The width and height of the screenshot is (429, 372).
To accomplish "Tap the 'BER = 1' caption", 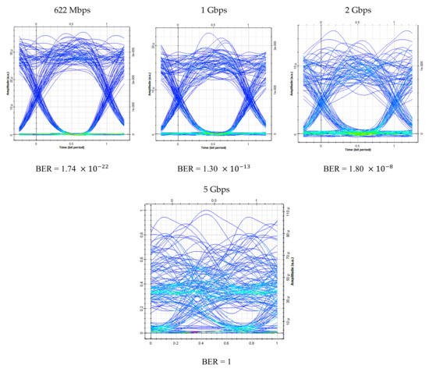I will click(214, 361).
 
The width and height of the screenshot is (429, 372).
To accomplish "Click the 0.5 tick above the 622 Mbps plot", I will click(72, 24).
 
